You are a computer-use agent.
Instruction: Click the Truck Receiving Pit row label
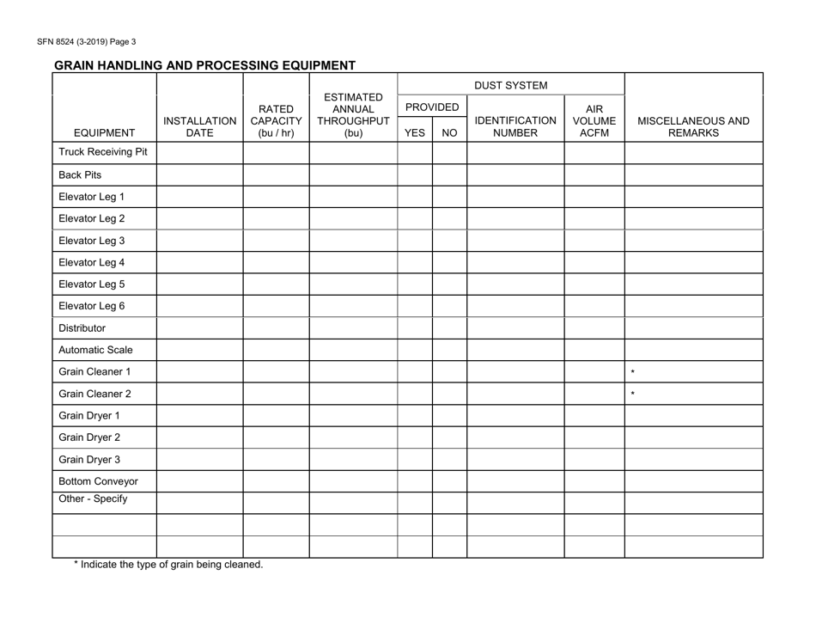click(103, 153)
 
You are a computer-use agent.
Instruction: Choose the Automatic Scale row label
click(95, 350)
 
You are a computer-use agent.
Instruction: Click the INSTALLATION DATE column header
click(199, 127)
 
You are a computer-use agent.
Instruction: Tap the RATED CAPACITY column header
click(276, 121)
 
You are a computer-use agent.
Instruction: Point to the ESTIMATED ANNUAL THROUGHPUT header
click(352, 114)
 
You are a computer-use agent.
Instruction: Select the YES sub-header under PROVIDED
click(414, 133)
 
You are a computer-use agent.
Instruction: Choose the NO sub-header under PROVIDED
click(448, 133)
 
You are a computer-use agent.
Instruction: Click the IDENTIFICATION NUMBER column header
click(515, 127)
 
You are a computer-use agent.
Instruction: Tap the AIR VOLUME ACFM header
click(594, 121)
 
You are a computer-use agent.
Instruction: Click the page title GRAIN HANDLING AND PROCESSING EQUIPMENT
click(204, 64)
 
